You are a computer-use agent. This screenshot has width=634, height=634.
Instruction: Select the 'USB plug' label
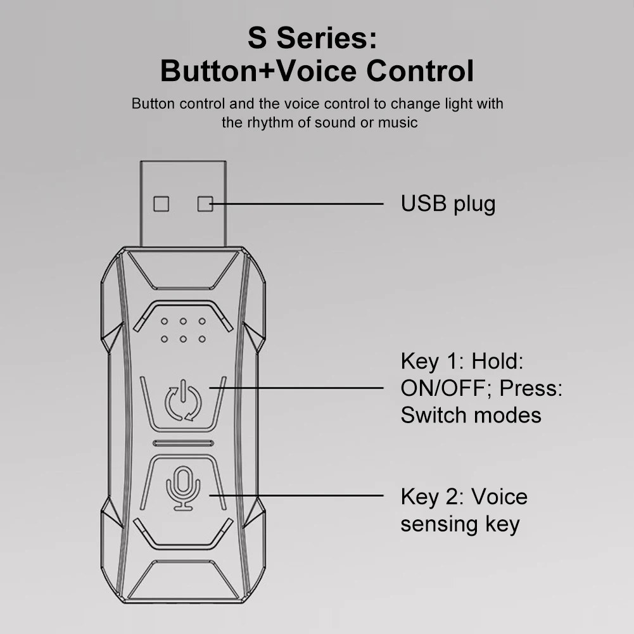[x=448, y=204]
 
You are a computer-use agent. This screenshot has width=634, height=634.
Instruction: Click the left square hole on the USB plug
[x=162, y=203]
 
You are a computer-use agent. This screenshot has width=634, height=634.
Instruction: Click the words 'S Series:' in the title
[x=312, y=39]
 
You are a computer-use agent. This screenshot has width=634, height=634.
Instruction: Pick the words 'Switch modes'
[x=471, y=415]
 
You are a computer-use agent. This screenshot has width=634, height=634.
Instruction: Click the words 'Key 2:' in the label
[x=430, y=497]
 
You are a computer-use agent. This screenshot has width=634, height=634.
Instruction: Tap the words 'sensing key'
[x=460, y=524]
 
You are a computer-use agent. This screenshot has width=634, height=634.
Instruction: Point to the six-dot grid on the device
[x=183, y=330]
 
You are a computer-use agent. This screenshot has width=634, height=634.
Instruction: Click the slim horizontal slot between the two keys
[x=183, y=443]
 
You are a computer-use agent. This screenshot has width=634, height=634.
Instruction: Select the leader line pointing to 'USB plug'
[x=298, y=204]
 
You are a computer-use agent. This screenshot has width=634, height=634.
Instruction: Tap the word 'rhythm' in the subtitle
[x=270, y=122]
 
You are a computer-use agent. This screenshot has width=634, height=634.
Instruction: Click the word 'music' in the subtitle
[x=398, y=122]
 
